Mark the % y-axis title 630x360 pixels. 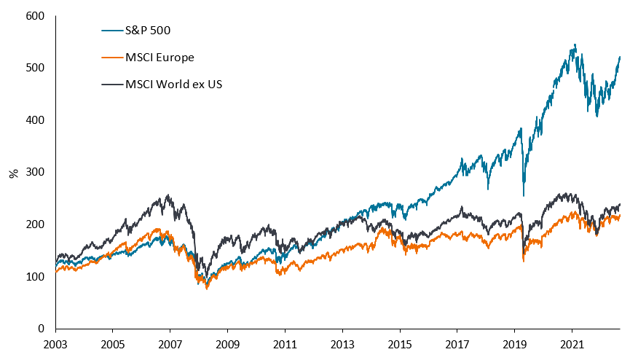13,173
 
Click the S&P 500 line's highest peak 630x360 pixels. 575,45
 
